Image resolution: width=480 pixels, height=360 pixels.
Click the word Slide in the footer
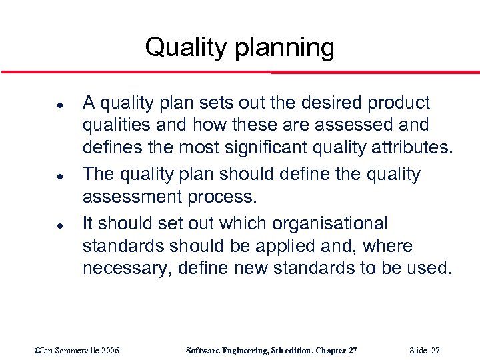417,351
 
